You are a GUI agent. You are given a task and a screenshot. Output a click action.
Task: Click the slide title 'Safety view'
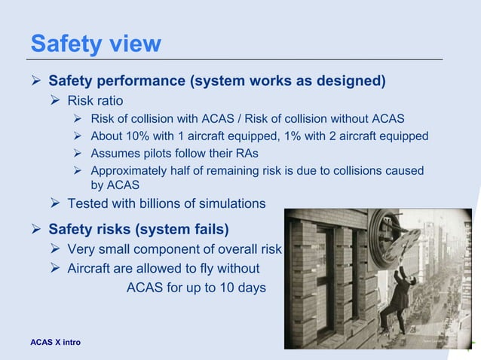(95, 43)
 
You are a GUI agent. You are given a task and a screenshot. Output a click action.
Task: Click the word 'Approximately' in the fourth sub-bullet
(130, 171)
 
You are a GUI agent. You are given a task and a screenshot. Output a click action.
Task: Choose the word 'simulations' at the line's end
(231, 203)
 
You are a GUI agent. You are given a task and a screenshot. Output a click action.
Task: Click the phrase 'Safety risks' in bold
(94, 228)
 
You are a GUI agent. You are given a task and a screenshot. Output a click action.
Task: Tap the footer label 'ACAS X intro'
(56, 343)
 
